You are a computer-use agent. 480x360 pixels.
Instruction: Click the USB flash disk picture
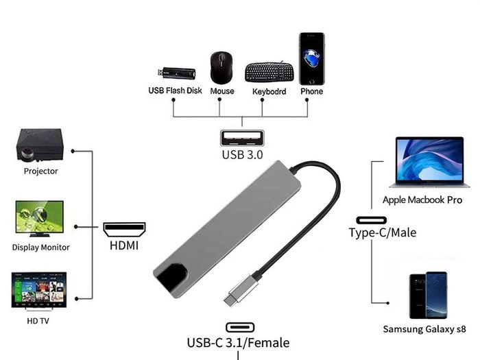(177, 73)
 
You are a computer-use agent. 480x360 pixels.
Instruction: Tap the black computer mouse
(221, 68)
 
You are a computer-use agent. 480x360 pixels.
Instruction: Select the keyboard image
(269, 72)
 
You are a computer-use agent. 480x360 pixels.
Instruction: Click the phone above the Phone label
(311, 59)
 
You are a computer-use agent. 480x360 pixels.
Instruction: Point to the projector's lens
(27, 153)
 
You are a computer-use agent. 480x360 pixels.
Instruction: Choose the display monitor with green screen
(40, 219)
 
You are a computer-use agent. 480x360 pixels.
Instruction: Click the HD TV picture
(39, 291)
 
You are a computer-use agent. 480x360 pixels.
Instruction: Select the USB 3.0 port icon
(242, 138)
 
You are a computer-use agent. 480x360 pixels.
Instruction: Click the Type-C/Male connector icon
(372, 220)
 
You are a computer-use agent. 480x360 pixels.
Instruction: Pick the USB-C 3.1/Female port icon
(240, 327)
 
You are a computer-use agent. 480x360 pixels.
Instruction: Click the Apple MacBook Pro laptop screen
(429, 159)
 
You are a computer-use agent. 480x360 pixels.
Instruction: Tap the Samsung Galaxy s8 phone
(429, 296)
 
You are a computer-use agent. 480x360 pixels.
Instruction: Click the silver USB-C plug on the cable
(240, 290)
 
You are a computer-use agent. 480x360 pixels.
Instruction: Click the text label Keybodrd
(269, 91)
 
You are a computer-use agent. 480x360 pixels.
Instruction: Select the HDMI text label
(124, 245)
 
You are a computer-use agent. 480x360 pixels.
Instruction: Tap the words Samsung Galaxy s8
(424, 329)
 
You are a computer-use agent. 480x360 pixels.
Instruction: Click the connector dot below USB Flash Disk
(173, 100)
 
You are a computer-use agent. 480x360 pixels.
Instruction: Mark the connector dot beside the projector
(73, 151)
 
